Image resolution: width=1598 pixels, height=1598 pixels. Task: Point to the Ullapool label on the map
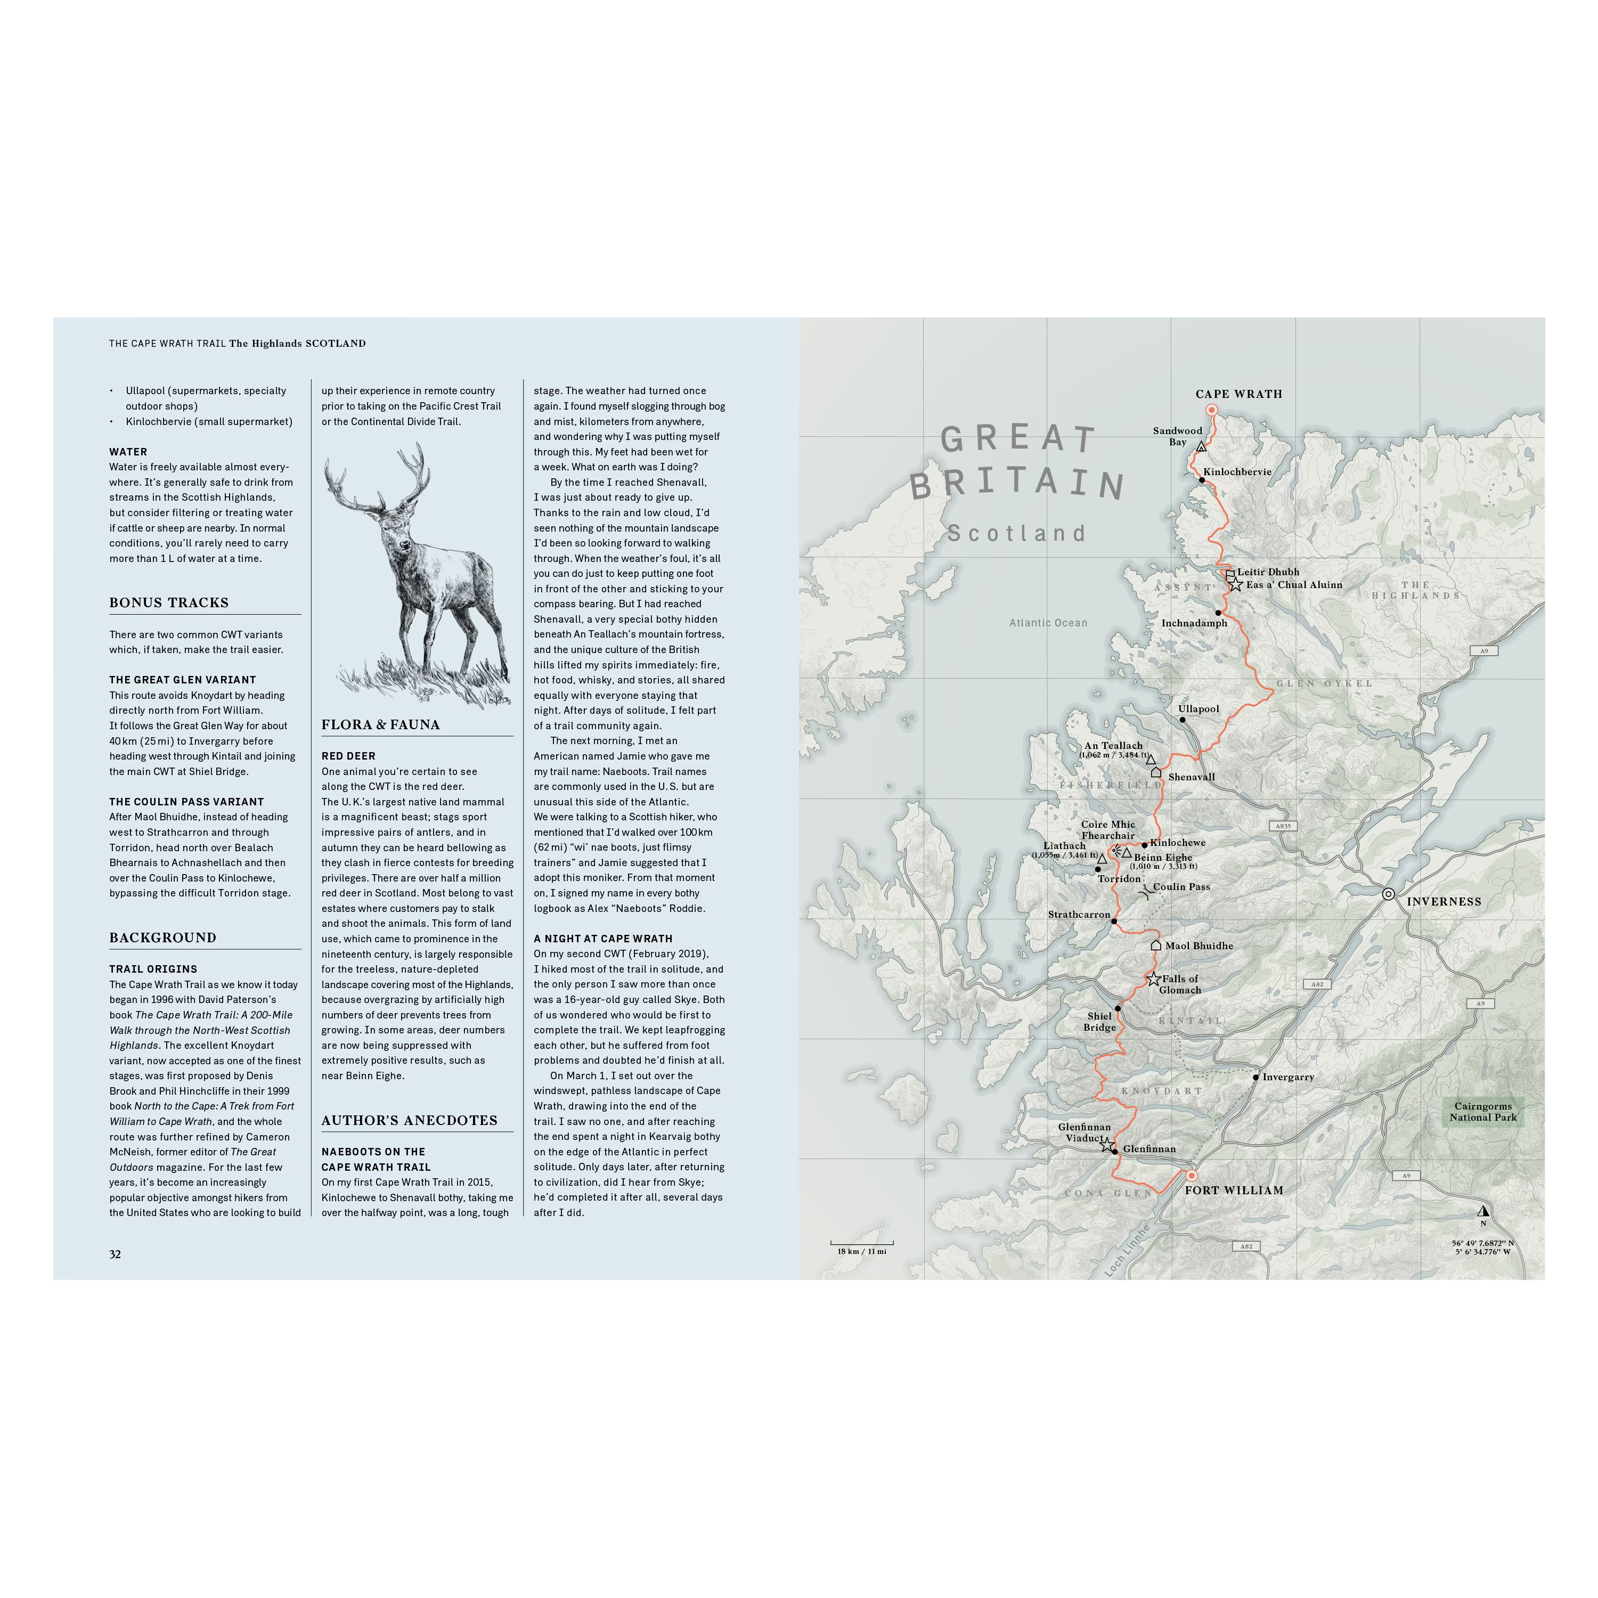[1198, 709]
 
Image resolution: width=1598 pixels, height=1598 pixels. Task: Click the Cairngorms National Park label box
[1483, 1112]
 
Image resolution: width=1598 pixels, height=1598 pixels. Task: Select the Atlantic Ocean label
[1048, 623]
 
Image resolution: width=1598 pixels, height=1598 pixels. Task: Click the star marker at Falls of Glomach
[1154, 980]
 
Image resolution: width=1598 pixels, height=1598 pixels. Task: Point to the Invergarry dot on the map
[1255, 1077]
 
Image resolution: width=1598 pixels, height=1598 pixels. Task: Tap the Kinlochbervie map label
[1237, 471]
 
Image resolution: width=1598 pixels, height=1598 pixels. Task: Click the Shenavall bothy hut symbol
[1156, 772]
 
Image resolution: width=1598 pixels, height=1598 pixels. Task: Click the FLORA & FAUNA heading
[380, 724]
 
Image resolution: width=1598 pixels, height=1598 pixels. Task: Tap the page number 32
[115, 1254]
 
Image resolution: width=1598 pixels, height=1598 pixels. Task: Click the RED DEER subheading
[348, 756]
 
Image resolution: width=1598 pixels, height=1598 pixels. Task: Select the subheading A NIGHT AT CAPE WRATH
[603, 939]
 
